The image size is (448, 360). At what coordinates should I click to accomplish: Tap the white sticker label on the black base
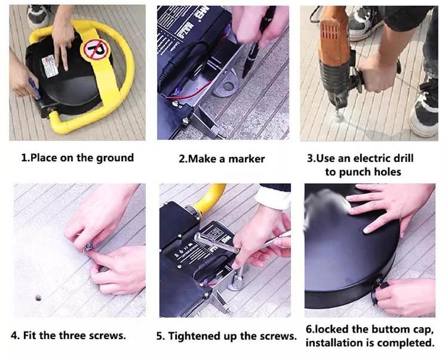click(x=50, y=66)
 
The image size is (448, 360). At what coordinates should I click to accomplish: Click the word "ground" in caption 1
click(x=115, y=158)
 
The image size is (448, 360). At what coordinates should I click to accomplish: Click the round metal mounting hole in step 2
click(x=229, y=85)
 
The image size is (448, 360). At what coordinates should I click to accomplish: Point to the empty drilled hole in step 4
click(x=38, y=298)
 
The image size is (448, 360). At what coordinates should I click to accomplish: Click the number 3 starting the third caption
click(x=310, y=158)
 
